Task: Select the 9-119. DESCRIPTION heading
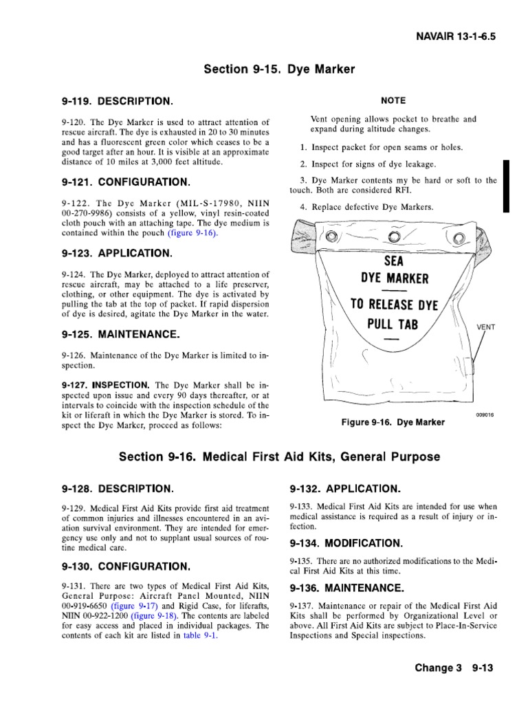116,101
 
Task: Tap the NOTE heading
393,100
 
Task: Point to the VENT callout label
486,327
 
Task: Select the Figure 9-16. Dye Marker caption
393,421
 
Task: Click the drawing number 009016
485,415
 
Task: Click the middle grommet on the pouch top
393,237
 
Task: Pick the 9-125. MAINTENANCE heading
121,335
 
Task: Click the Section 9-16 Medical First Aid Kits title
279,457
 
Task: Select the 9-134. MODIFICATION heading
346,543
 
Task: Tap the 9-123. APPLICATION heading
117,253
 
